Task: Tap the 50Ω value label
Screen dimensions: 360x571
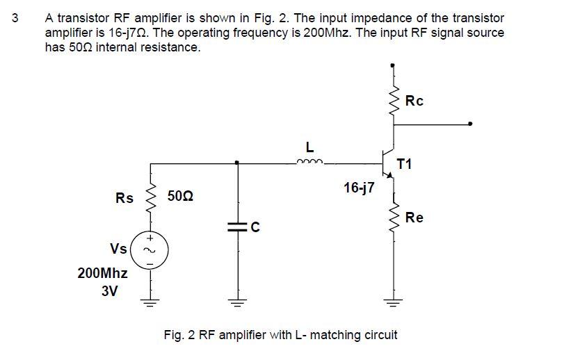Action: click(x=181, y=198)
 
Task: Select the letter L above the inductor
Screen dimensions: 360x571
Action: click(x=309, y=147)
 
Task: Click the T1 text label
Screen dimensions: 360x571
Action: click(x=404, y=164)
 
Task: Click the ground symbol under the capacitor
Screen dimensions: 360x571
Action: click(x=237, y=302)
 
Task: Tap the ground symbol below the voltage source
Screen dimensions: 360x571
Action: click(x=149, y=302)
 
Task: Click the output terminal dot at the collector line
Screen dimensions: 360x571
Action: click(x=471, y=124)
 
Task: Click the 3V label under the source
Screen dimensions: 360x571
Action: click(x=110, y=292)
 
